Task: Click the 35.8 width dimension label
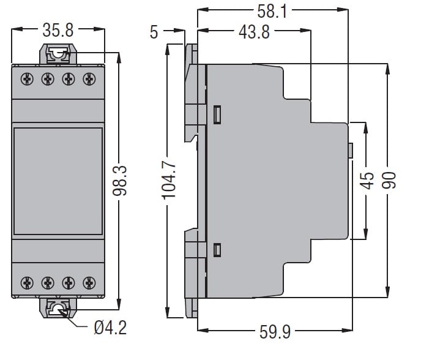pyautogui.click(x=58, y=30)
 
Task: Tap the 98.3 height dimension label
pyautogui.click(x=120, y=181)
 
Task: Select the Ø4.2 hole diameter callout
pyautogui.click(x=110, y=328)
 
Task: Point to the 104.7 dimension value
pyautogui.click(x=169, y=180)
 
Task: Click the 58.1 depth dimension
pyautogui.click(x=272, y=12)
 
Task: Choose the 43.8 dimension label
pyautogui.click(x=254, y=32)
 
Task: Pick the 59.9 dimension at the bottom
pyautogui.click(x=275, y=332)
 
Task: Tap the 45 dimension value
pyautogui.click(x=367, y=181)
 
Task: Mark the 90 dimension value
pyautogui.click(x=389, y=180)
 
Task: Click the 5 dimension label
pyautogui.click(x=154, y=32)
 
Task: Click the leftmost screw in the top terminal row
pyautogui.click(x=27, y=79)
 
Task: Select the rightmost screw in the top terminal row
pyautogui.click(x=89, y=79)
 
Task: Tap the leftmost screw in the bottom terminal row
pyautogui.click(x=27, y=283)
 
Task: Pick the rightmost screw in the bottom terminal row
pyautogui.click(x=89, y=283)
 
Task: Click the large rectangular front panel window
pyautogui.click(x=58, y=181)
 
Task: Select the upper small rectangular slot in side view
pyautogui.click(x=217, y=114)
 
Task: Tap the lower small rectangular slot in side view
pyautogui.click(x=217, y=250)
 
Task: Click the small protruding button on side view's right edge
pyautogui.click(x=351, y=150)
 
